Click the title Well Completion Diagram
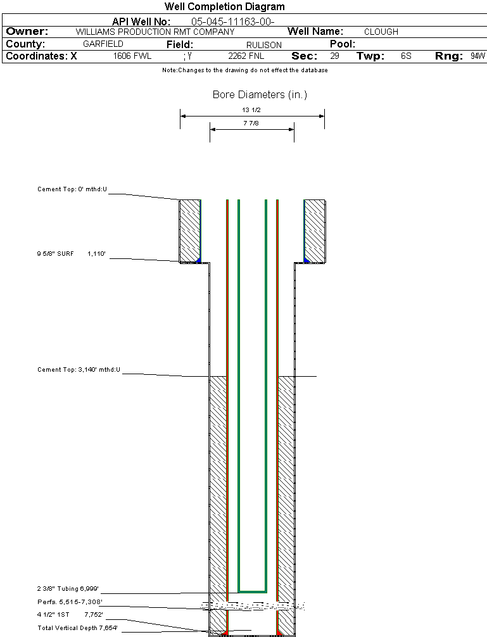(x=225, y=7)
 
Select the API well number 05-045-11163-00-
(x=232, y=22)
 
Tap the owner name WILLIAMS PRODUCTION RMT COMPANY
(x=155, y=32)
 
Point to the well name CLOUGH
(x=381, y=32)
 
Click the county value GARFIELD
(x=103, y=44)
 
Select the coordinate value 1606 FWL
(x=132, y=56)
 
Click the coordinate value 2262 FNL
(x=246, y=56)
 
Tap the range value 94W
(x=478, y=56)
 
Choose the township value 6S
(x=406, y=56)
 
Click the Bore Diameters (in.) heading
(x=260, y=95)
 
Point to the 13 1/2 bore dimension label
(x=251, y=110)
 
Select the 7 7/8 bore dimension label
(x=251, y=123)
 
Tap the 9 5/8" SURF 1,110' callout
(x=71, y=254)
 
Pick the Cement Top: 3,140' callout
(x=79, y=369)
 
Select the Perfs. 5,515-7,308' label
(x=70, y=602)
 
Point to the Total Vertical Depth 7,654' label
(x=77, y=628)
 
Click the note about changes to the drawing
(x=245, y=70)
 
